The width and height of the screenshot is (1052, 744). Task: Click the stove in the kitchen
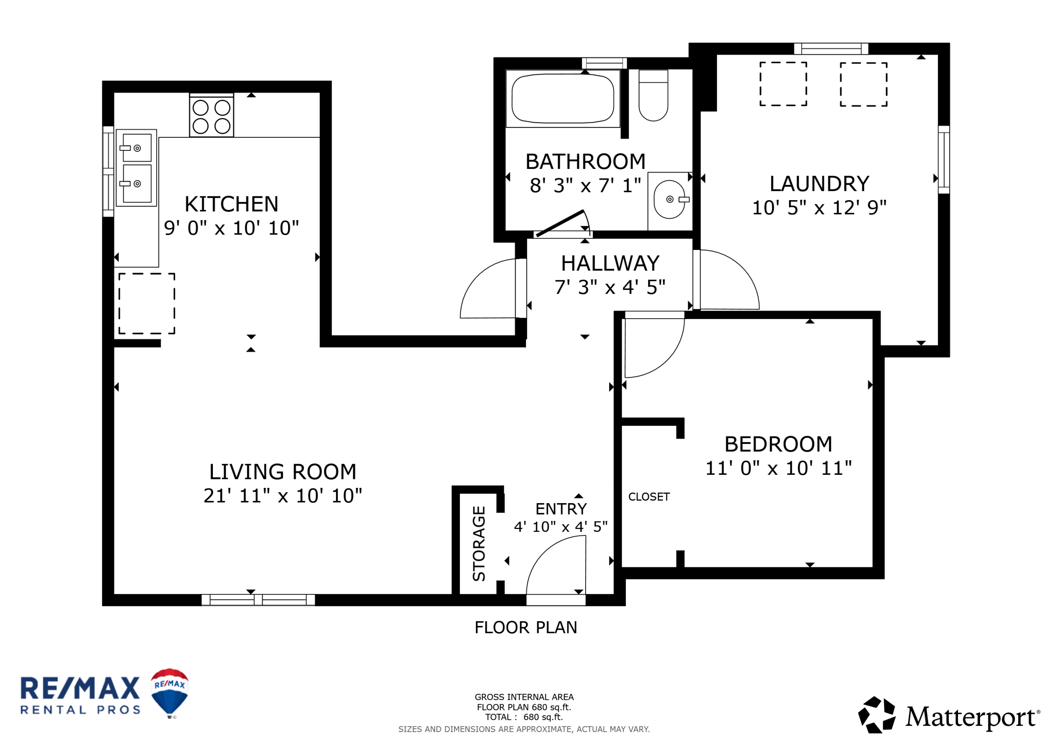pos(211,115)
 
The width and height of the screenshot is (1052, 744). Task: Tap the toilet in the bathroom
pos(653,95)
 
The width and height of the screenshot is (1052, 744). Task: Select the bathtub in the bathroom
pos(563,99)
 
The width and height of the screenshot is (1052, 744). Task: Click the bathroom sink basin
pos(669,199)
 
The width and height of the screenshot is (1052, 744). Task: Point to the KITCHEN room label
pos(231,204)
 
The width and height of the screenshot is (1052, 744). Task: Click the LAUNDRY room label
pos(819,184)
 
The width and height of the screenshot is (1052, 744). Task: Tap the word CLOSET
pos(649,497)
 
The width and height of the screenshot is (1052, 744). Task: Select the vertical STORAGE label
pos(479,543)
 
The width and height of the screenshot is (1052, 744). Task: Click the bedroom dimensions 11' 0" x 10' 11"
pos(778,468)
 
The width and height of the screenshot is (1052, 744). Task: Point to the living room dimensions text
pos(283,496)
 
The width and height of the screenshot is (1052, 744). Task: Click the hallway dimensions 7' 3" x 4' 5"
pos(610,287)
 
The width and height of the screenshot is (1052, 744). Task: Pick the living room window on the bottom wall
pos(258,600)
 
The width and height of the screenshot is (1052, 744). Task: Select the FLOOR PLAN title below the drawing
pos(526,628)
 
